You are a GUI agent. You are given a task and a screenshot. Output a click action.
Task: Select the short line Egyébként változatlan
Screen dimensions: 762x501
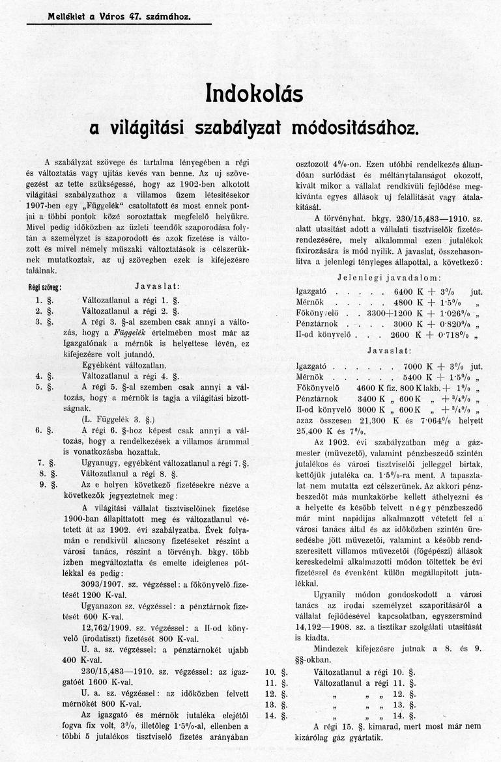(x=124, y=365)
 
